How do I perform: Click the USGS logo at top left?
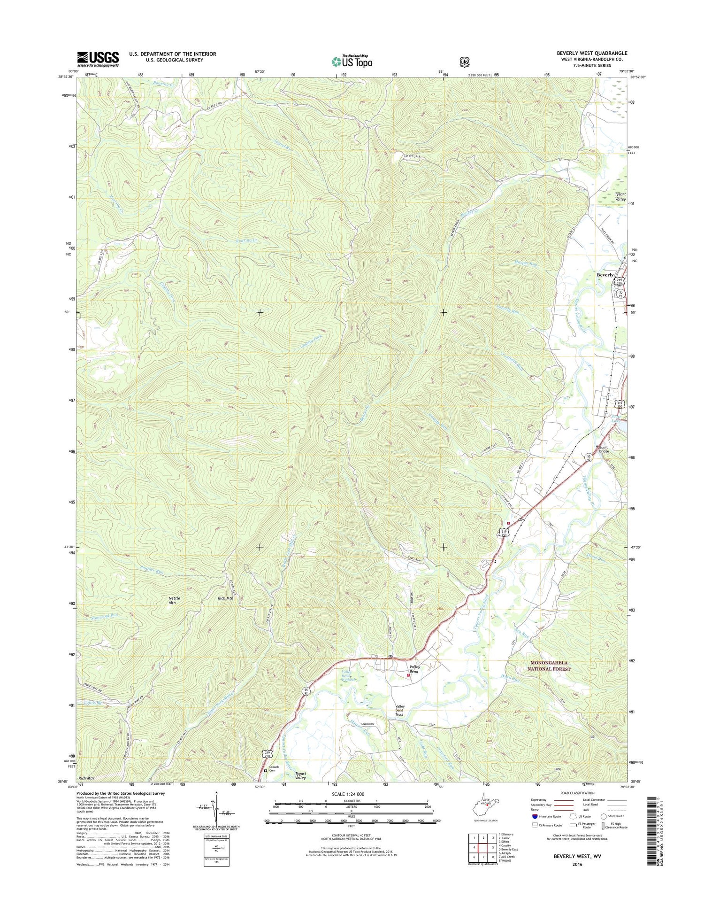pos(98,59)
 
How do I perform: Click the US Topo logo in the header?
pos(352,61)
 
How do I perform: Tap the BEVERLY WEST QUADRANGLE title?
pos(592,53)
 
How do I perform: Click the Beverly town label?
pos(605,275)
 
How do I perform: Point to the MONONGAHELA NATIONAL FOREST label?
pos(549,666)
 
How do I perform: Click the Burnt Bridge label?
pos(604,449)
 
